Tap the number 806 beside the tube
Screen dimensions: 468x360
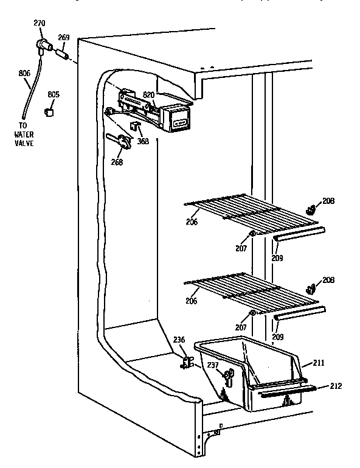(24, 73)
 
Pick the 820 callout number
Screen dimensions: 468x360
(149, 94)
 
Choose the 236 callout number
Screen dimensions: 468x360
(178, 340)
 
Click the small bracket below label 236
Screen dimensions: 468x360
(187, 363)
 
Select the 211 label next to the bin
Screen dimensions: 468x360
(319, 363)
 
